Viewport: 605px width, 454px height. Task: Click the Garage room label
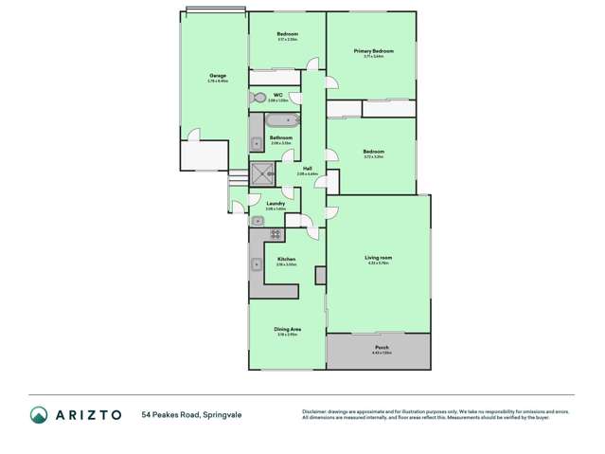[217, 76]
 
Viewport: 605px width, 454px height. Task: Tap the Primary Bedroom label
[373, 51]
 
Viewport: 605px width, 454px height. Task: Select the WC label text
[278, 95]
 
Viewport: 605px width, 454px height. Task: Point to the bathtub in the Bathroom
[281, 120]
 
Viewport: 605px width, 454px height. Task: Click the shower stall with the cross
[261, 173]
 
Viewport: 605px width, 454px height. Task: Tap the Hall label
[308, 169]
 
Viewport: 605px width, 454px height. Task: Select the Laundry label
[276, 203]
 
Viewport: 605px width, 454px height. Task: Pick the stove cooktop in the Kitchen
[276, 233]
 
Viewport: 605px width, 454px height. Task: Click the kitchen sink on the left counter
[257, 264]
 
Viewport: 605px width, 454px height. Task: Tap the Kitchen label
[286, 259]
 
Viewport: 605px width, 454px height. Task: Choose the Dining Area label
[288, 329]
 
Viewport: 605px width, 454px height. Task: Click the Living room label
[378, 257]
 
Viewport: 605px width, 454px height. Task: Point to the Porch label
[382, 348]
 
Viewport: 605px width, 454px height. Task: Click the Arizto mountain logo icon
[38, 415]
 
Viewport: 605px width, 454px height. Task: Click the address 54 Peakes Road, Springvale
[187, 415]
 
